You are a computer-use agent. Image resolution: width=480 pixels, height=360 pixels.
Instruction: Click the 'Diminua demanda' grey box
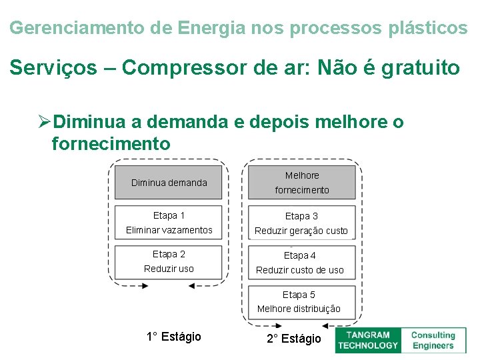(x=169, y=182)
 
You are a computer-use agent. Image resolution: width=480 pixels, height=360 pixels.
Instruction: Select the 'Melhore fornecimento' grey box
(x=302, y=182)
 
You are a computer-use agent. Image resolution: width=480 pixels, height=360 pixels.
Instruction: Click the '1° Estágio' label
(x=173, y=337)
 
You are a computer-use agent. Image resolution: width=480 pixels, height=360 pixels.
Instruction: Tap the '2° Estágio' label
(x=294, y=339)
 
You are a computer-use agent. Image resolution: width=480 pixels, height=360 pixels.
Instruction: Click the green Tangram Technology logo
(x=367, y=340)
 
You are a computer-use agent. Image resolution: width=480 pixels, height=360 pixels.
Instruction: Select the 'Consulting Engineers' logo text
(x=433, y=340)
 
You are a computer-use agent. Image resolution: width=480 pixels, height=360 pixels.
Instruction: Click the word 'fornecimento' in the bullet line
(x=111, y=143)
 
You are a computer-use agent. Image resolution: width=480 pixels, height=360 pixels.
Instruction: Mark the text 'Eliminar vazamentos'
(x=169, y=230)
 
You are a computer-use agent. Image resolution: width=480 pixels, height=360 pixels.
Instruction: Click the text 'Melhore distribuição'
(x=299, y=309)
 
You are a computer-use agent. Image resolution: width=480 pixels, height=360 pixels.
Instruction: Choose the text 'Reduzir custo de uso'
(x=300, y=270)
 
